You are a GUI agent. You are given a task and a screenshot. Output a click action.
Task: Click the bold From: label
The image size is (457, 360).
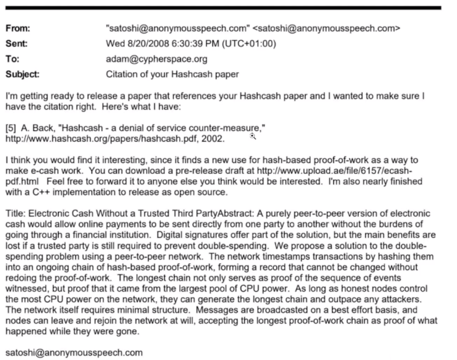click(18, 28)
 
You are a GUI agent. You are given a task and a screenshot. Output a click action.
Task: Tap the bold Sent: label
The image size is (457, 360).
click(17, 43)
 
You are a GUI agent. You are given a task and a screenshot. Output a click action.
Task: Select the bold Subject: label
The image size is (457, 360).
click(22, 74)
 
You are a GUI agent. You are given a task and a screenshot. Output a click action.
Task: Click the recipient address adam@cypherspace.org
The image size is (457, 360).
click(156, 59)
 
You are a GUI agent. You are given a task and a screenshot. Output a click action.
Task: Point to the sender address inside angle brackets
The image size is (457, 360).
click(326, 28)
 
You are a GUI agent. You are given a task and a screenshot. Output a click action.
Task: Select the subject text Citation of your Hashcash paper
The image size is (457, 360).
click(172, 74)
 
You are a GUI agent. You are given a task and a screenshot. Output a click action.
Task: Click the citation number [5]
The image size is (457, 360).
click(11, 128)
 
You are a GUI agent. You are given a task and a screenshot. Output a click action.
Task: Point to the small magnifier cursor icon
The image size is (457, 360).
click(253, 135)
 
